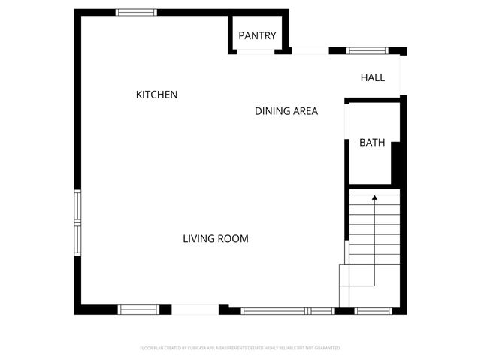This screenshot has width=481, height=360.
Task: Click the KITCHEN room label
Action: pos(156,95)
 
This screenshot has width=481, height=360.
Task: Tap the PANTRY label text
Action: pos(257,35)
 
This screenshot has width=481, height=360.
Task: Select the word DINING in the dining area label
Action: pos(272,111)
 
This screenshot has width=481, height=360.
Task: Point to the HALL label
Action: pos(372,77)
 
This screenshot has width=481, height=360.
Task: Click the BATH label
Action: pos(372,142)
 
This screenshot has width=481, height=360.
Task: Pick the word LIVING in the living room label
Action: pos(199,239)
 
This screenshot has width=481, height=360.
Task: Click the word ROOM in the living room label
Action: pos(233,239)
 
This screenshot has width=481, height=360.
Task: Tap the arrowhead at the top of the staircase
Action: pos(374,198)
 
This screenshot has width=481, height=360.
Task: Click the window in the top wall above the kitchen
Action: pos(136,12)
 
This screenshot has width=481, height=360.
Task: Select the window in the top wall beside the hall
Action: pos(367,51)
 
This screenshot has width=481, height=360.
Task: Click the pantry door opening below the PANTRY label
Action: pos(256,51)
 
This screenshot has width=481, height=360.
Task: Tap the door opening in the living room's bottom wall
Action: pos(195,309)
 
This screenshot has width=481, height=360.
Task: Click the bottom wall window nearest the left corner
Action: pos(138,309)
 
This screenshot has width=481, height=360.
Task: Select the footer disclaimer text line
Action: pos(240,348)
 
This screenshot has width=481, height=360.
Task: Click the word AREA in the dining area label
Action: pos(304,111)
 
